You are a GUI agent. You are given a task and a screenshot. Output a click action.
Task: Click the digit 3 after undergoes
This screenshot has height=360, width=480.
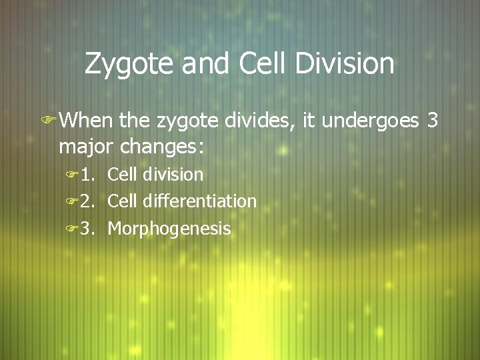(432, 121)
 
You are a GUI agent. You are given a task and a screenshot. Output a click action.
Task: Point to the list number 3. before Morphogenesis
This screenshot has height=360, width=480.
(89, 229)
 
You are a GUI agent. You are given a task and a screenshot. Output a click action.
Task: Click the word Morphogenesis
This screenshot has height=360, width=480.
(169, 229)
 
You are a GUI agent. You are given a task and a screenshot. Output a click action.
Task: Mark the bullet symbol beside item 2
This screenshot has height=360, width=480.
(71, 201)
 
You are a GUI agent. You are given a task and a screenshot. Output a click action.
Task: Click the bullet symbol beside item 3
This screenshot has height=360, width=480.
(71, 229)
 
